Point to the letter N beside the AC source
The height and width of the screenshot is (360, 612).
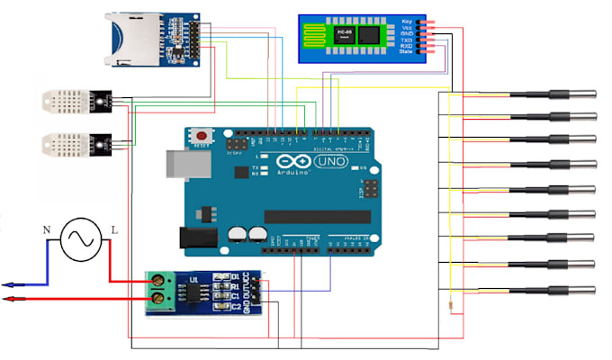47,231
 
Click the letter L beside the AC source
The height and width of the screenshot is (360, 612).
114,231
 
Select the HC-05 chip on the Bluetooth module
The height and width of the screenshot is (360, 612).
343,33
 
